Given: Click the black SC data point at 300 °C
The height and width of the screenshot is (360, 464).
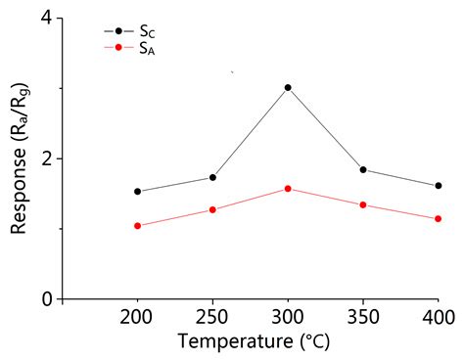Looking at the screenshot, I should (288, 88).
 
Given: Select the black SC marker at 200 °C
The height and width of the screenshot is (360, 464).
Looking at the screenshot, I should (138, 192).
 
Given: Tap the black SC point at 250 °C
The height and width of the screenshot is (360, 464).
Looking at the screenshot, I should (212, 177).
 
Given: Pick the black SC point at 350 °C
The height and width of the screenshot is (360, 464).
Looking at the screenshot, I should (363, 170).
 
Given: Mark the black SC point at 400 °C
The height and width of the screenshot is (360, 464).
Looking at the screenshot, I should (438, 186).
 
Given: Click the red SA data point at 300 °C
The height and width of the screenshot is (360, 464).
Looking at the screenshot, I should (288, 188).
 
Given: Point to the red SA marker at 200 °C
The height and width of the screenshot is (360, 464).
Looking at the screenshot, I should (138, 226).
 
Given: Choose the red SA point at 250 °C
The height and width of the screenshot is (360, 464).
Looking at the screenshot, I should (212, 209).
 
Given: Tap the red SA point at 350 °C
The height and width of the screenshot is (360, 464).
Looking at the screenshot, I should (363, 204).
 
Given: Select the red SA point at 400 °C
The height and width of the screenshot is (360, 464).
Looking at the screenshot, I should (438, 219).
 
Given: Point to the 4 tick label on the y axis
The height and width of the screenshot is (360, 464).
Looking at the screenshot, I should (46, 19).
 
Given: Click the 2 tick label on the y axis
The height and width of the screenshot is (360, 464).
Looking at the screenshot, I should (46, 158).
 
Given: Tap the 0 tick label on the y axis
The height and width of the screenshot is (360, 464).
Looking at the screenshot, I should (46, 299).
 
